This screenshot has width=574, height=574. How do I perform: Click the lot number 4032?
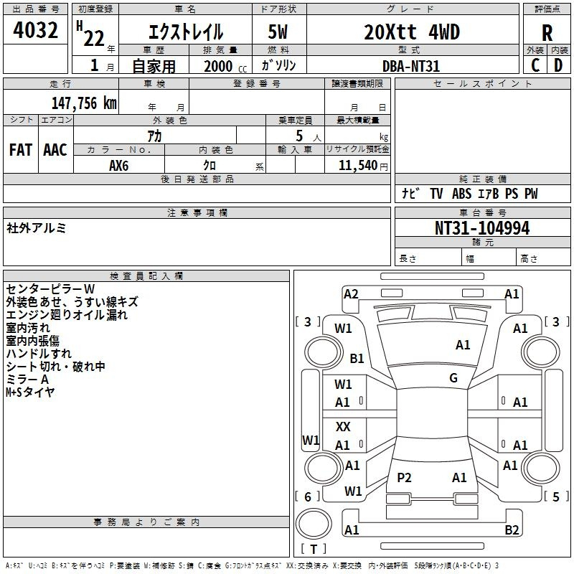[x=35, y=30]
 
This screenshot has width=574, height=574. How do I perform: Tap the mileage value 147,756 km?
[x=84, y=103]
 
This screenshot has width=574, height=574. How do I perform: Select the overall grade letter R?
[x=547, y=33]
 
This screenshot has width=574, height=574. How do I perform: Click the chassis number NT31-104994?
[x=482, y=228]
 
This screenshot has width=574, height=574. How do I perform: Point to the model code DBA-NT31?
[x=410, y=66]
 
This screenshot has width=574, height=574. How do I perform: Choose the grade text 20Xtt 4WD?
[x=412, y=32]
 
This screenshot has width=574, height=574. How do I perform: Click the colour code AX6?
[x=119, y=166]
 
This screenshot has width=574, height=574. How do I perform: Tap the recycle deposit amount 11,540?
[x=358, y=166]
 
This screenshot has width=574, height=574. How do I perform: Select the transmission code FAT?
[x=21, y=150]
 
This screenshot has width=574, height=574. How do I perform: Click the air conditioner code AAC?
[x=55, y=150]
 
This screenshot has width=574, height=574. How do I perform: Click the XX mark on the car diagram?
[x=343, y=426]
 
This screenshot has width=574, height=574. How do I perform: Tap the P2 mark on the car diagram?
[x=404, y=477]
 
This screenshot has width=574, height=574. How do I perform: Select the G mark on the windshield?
[x=453, y=377]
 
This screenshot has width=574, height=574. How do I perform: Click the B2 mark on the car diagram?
[x=512, y=530]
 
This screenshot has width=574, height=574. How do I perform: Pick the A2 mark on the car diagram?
[x=351, y=294]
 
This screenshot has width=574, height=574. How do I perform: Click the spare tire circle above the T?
[x=314, y=524]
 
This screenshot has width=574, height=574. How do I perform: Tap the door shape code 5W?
[x=278, y=32]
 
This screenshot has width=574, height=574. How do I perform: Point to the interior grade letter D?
[x=558, y=65]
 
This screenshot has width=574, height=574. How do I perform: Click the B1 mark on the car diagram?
[x=357, y=358]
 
